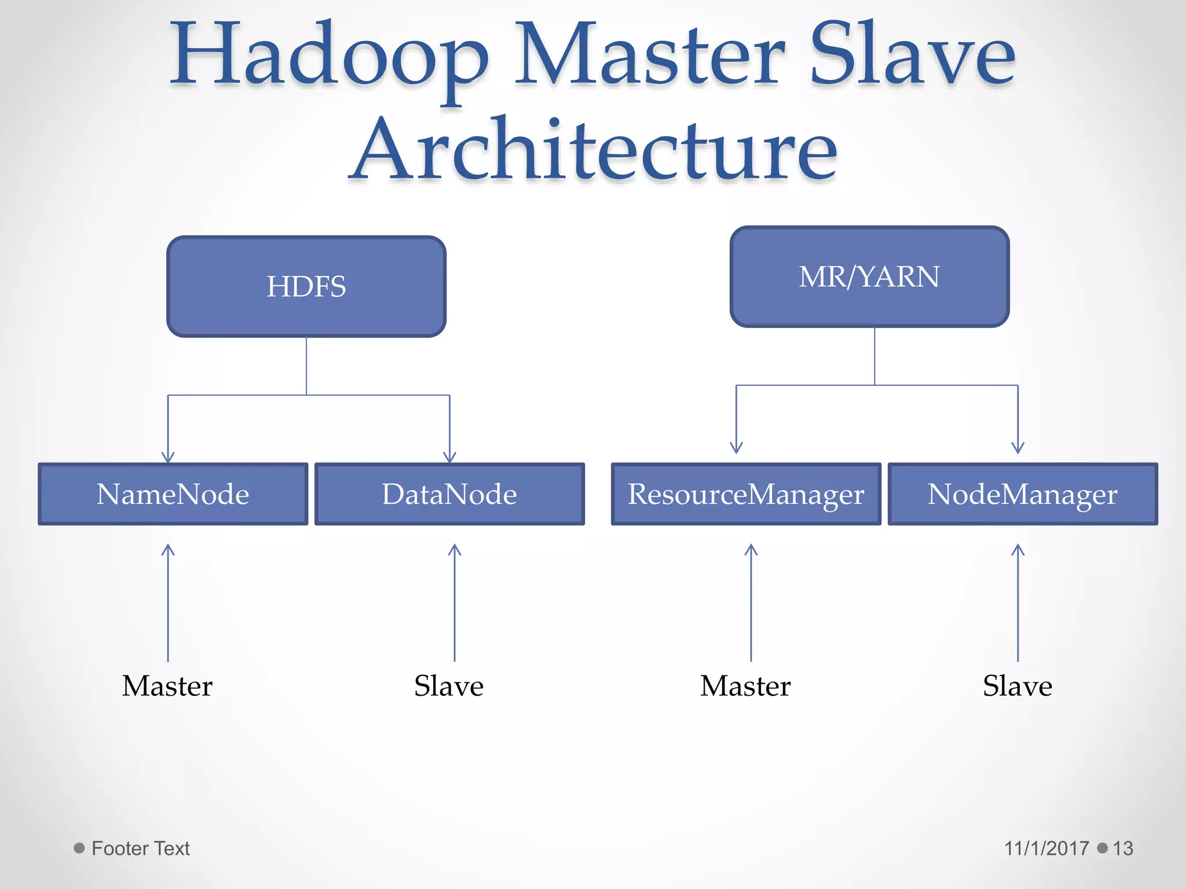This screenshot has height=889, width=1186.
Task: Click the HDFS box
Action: pyautogui.click(x=306, y=286)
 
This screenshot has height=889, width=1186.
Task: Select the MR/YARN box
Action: pyautogui.click(x=869, y=277)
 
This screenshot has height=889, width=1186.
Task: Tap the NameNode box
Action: pyautogui.click(x=173, y=494)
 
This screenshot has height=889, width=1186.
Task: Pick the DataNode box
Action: pyautogui.click(x=449, y=494)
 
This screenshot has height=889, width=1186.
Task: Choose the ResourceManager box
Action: pyautogui.click(x=746, y=494)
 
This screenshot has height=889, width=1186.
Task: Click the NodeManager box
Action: pyautogui.click(x=1023, y=494)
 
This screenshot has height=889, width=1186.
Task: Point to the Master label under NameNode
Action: pyautogui.click(x=167, y=686)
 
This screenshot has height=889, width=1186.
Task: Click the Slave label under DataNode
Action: pyautogui.click(x=449, y=686)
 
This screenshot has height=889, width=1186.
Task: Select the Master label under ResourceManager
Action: pyautogui.click(x=745, y=686)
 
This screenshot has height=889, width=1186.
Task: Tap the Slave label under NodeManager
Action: pyautogui.click(x=1017, y=686)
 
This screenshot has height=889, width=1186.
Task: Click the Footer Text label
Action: pyautogui.click(x=141, y=848)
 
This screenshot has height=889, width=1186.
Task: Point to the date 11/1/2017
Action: pyautogui.click(x=1046, y=848)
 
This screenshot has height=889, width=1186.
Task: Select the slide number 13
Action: pyautogui.click(x=1123, y=848)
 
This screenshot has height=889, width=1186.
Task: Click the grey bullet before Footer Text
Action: pyautogui.click(x=79, y=848)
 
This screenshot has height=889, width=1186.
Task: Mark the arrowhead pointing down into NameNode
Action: pyautogui.click(x=168, y=457)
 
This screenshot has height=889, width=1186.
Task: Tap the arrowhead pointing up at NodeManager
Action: pyautogui.click(x=1018, y=549)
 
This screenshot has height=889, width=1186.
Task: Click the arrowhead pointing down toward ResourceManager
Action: pyautogui.click(x=736, y=447)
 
